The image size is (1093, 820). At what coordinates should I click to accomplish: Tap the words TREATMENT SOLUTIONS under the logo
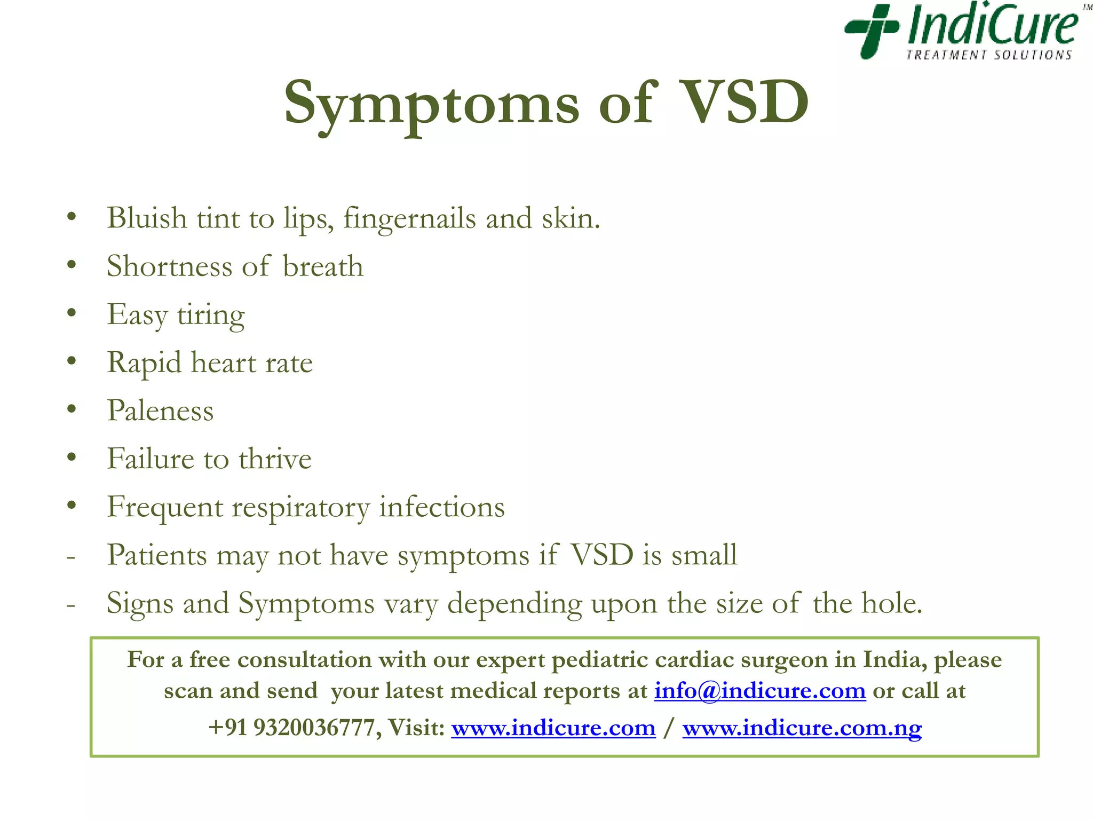989,55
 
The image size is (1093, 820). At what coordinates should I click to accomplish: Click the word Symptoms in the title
431,103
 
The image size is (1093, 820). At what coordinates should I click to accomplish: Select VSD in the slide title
746,102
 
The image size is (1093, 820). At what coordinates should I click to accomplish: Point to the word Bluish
147,218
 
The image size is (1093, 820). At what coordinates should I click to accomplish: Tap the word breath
323,266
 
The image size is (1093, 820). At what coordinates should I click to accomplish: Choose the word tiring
211,315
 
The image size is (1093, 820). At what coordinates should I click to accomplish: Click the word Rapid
145,363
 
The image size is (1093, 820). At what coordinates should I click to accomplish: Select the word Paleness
160,411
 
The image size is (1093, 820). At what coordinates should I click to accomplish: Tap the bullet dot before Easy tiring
72,313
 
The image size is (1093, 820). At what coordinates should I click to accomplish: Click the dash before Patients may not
70,557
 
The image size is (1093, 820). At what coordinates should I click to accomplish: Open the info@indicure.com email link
760,691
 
